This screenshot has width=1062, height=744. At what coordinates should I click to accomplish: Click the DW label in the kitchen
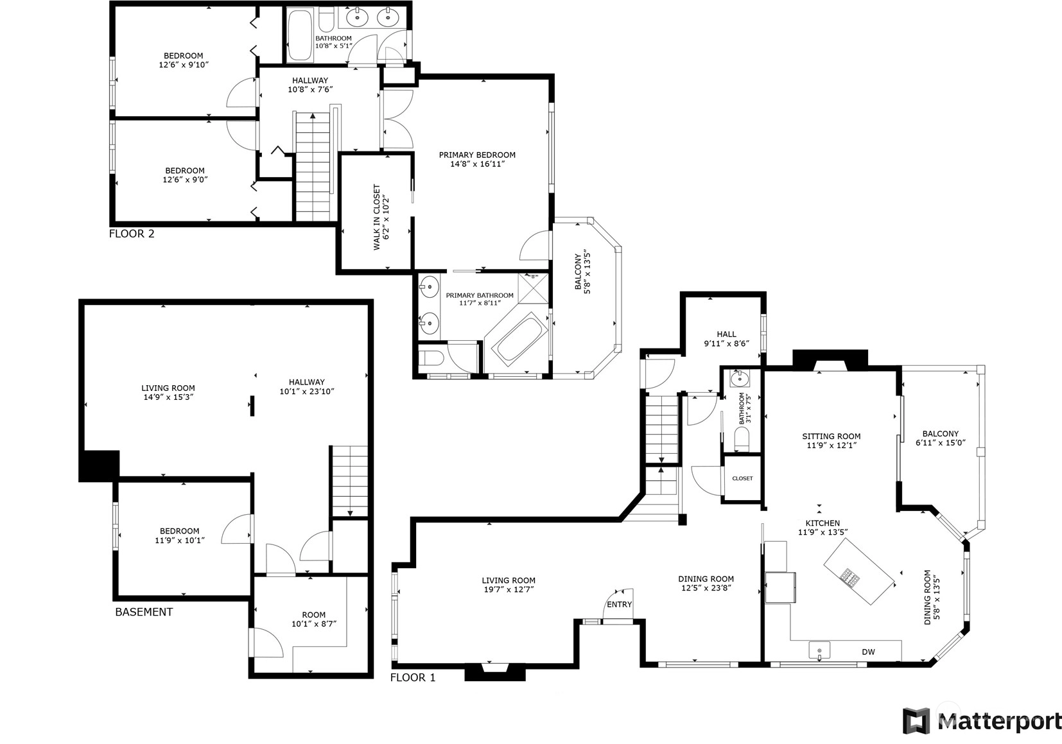click(x=868, y=652)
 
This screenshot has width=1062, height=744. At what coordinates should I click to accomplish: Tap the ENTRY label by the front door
click(x=619, y=604)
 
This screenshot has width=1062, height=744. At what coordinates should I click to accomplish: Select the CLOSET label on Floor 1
click(x=742, y=479)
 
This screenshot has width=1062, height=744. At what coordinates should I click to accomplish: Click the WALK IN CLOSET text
click(x=377, y=217)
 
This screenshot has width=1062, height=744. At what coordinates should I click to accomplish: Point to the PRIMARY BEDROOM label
click(x=477, y=155)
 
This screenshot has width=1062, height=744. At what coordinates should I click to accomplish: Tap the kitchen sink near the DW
click(x=819, y=650)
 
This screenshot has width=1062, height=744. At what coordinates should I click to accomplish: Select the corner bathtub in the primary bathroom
click(x=518, y=339)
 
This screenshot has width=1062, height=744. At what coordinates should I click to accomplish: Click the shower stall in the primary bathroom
click(x=534, y=288)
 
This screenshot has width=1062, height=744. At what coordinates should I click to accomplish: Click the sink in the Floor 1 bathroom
click(x=739, y=379)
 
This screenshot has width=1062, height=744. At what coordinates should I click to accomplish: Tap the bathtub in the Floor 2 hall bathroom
click(x=299, y=34)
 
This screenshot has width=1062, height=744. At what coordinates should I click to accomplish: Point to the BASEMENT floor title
click(x=144, y=612)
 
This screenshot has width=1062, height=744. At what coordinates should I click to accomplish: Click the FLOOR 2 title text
click(x=132, y=234)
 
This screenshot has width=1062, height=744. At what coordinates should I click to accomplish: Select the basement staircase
click(x=349, y=481)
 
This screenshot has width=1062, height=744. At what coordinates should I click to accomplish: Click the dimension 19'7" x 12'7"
click(x=509, y=589)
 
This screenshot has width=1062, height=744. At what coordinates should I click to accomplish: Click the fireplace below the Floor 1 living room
click(x=495, y=673)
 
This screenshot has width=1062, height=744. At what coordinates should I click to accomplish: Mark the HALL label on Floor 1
click(x=726, y=334)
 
